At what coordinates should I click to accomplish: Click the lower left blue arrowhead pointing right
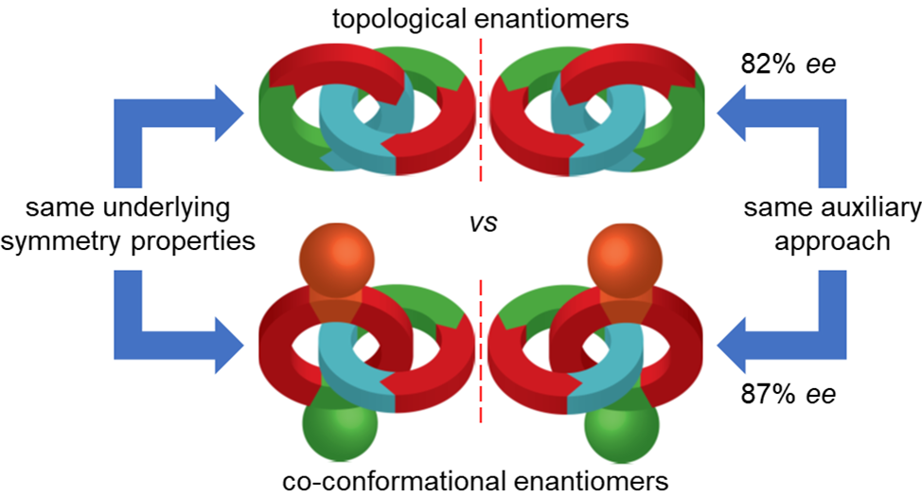(x=223, y=337)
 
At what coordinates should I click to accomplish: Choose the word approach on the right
(x=832, y=240)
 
